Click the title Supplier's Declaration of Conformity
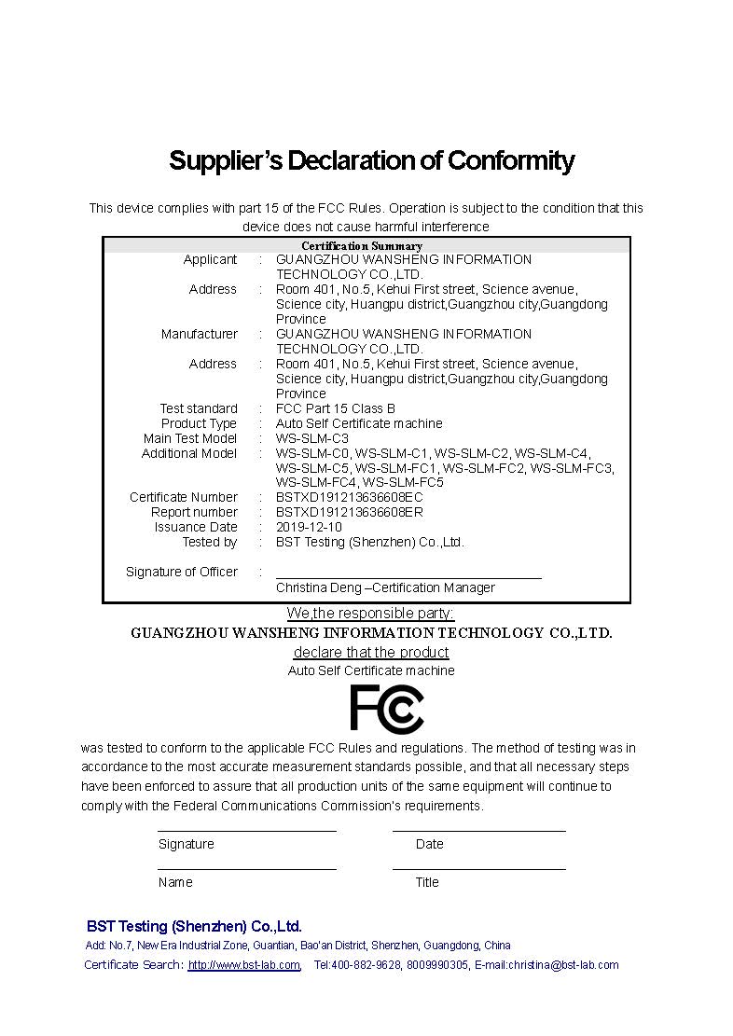pyautogui.click(x=371, y=160)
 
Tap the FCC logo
pyautogui.click(x=386, y=709)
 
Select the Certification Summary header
pyautogui.click(x=361, y=246)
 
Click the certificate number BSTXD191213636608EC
pyautogui.click(x=349, y=497)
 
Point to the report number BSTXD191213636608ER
pyautogui.click(x=349, y=512)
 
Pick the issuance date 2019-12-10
pyautogui.click(x=309, y=527)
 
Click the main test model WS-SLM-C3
pyautogui.click(x=311, y=438)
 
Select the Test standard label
pyautogui.click(x=199, y=408)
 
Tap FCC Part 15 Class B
pyautogui.click(x=335, y=408)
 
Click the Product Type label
pyautogui.click(x=199, y=423)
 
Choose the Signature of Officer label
pyautogui.click(x=182, y=572)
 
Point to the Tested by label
pyautogui.click(x=210, y=542)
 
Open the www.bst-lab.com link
pyautogui.click(x=244, y=965)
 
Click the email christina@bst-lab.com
pyautogui.click(x=563, y=965)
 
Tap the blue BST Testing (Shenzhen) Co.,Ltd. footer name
pyautogui.click(x=194, y=926)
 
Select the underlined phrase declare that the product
pyautogui.click(x=371, y=652)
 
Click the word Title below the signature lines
pyautogui.click(x=427, y=882)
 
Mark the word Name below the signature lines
pyautogui.click(x=175, y=882)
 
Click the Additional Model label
pyautogui.click(x=189, y=453)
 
